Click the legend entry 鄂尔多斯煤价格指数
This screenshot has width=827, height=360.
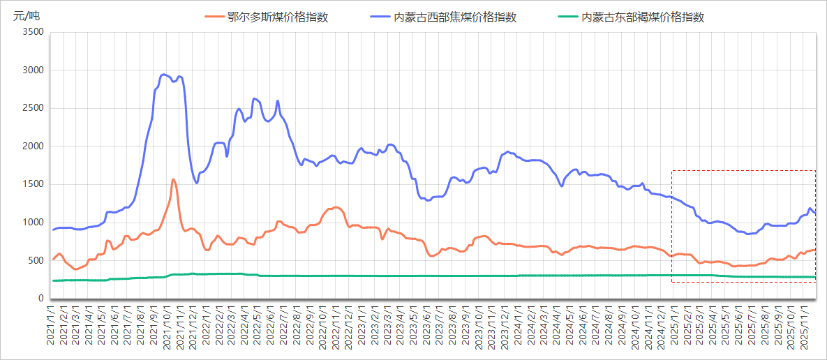point(277,17)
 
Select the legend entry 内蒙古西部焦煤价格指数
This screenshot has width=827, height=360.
point(454,17)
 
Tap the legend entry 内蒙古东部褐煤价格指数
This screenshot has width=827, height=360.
point(642,17)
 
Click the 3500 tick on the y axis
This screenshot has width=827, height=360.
point(33,32)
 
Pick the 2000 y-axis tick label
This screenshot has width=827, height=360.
point(33,147)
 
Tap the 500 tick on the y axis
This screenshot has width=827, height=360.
point(36,261)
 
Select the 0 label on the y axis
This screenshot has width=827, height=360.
point(40,299)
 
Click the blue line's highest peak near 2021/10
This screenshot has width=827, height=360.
point(164,75)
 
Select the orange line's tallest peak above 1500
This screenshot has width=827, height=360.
point(172,179)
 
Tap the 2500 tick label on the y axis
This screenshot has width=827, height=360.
point(33,108)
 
